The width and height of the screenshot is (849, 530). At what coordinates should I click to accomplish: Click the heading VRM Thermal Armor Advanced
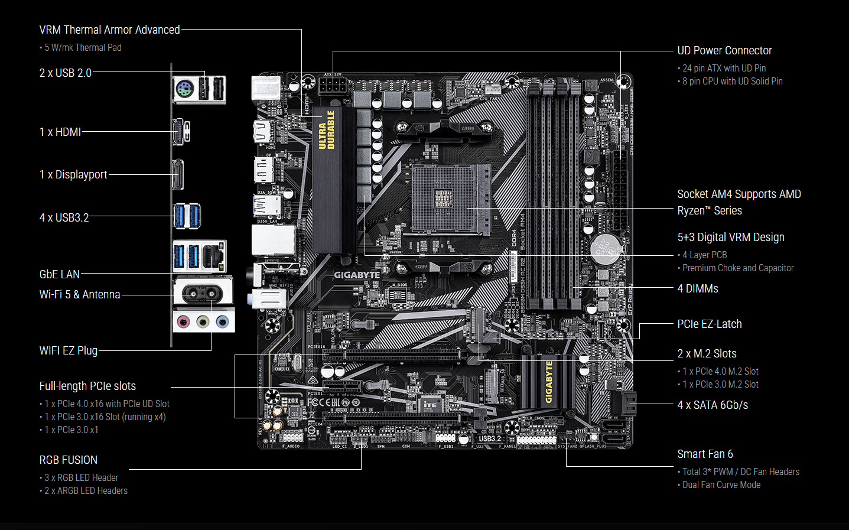coord(109,30)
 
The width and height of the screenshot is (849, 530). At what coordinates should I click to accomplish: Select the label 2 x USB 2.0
coord(65,73)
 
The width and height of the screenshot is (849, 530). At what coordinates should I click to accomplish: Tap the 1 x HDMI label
coord(60,132)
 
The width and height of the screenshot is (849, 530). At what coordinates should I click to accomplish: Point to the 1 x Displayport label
coord(73,174)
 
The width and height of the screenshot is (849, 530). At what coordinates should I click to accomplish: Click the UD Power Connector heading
coord(724,50)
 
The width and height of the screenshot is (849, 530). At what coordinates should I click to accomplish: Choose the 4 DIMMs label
coord(697,288)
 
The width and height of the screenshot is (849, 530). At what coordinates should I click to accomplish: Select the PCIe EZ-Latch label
coord(709,324)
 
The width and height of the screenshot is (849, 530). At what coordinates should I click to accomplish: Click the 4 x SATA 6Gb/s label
coord(713,405)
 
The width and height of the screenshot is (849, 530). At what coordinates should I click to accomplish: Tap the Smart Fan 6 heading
coord(705,454)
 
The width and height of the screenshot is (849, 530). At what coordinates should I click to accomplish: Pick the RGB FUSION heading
coord(69,460)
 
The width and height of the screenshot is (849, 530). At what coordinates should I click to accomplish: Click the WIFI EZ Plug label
coord(69,350)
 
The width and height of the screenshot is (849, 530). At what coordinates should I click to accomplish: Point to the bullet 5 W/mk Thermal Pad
coord(83,47)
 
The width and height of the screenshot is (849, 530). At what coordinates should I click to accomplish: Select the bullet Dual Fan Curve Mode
coord(721,485)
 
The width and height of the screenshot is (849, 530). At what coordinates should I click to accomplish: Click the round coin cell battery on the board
coord(606,249)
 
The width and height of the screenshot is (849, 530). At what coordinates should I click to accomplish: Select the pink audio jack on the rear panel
coord(184,321)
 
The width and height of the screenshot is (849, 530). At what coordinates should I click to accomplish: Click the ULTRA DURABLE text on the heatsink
coord(327,130)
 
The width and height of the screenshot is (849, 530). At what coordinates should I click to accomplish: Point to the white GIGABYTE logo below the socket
coord(357,275)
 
